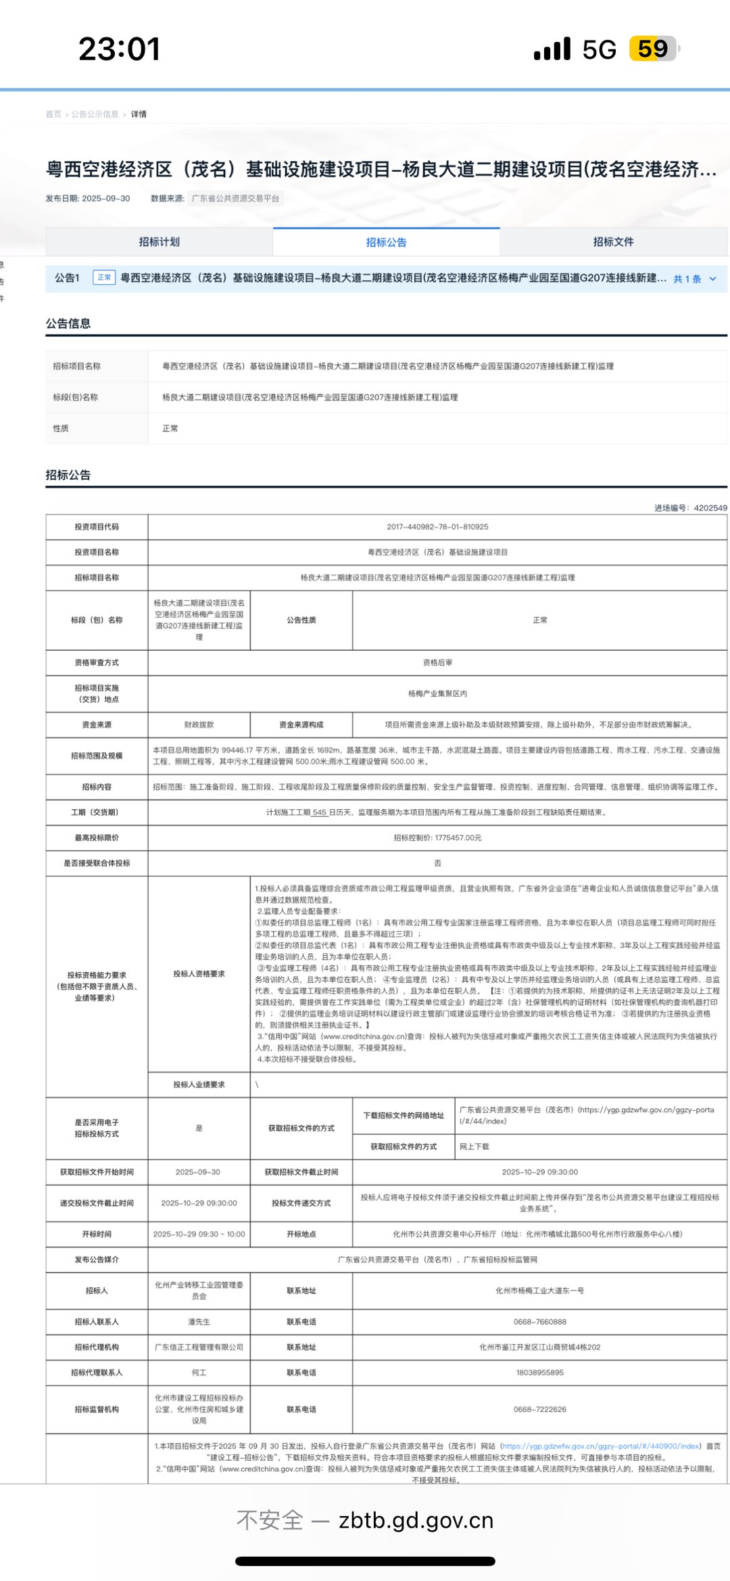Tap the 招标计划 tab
(159, 242)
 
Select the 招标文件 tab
(613, 242)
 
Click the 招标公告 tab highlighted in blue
(386, 242)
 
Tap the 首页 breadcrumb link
(53, 114)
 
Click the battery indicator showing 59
(653, 49)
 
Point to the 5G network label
(599, 49)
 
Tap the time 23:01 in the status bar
(120, 49)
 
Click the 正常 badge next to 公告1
(104, 278)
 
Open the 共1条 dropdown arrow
(712, 279)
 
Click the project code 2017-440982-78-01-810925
(437, 527)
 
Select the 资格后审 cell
(437, 663)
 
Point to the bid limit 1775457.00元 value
(437, 838)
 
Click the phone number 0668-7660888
(539, 1322)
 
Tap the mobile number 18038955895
(539, 1373)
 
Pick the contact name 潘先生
(199, 1322)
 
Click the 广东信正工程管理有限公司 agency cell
(199, 1348)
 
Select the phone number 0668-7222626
(539, 1410)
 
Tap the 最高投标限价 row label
(97, 838)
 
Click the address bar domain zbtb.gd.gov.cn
(416, 1521)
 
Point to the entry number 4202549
(710, 508)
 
